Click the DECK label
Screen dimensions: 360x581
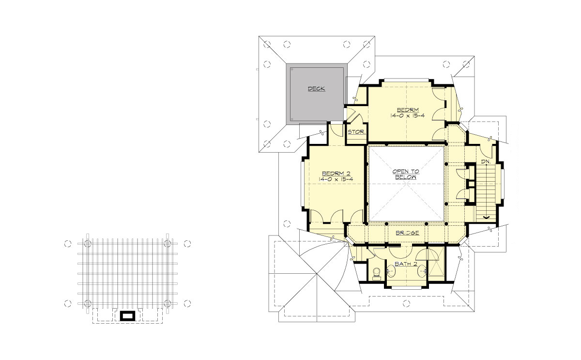click(x=316, y=89)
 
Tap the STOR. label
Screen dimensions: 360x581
click(x=356, y=132)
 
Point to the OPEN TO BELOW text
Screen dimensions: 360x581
click(x=406, y=174)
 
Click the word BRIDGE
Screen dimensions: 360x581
click(x=407, y=233)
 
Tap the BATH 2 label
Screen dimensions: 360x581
click(x=406, y=264)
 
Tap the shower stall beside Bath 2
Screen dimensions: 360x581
click(x=435, y=262)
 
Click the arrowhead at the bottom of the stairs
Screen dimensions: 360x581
click(x=485, y=217)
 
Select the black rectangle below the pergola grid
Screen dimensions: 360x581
click(x=128, y=316)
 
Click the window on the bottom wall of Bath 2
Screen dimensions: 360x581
click(x=406, y=288)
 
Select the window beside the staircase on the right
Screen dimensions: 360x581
click(x=504, y=184)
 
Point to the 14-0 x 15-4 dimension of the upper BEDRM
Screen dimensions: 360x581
click(x=407, y=116)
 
